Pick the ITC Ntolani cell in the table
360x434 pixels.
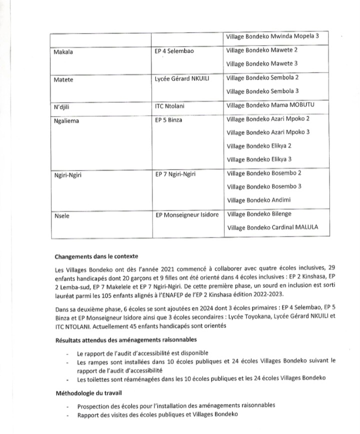172,106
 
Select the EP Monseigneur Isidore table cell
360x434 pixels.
187,215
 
